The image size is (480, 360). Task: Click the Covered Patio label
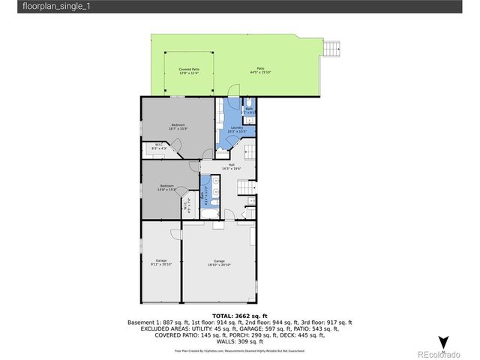[x=188, y=71]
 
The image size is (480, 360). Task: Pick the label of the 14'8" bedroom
[x=166, y=187]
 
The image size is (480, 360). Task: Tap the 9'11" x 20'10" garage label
[x=161, y=262]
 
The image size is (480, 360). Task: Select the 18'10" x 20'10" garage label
[x=219, y=262]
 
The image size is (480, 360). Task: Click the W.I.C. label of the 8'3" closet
[x=159, y=147]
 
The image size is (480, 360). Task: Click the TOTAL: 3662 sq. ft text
[x=240, y=316]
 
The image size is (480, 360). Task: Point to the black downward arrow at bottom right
[x=443, y=342]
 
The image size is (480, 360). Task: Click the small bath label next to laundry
[x=250, y=110]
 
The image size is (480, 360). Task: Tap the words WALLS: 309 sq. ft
[x=240, y=341]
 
